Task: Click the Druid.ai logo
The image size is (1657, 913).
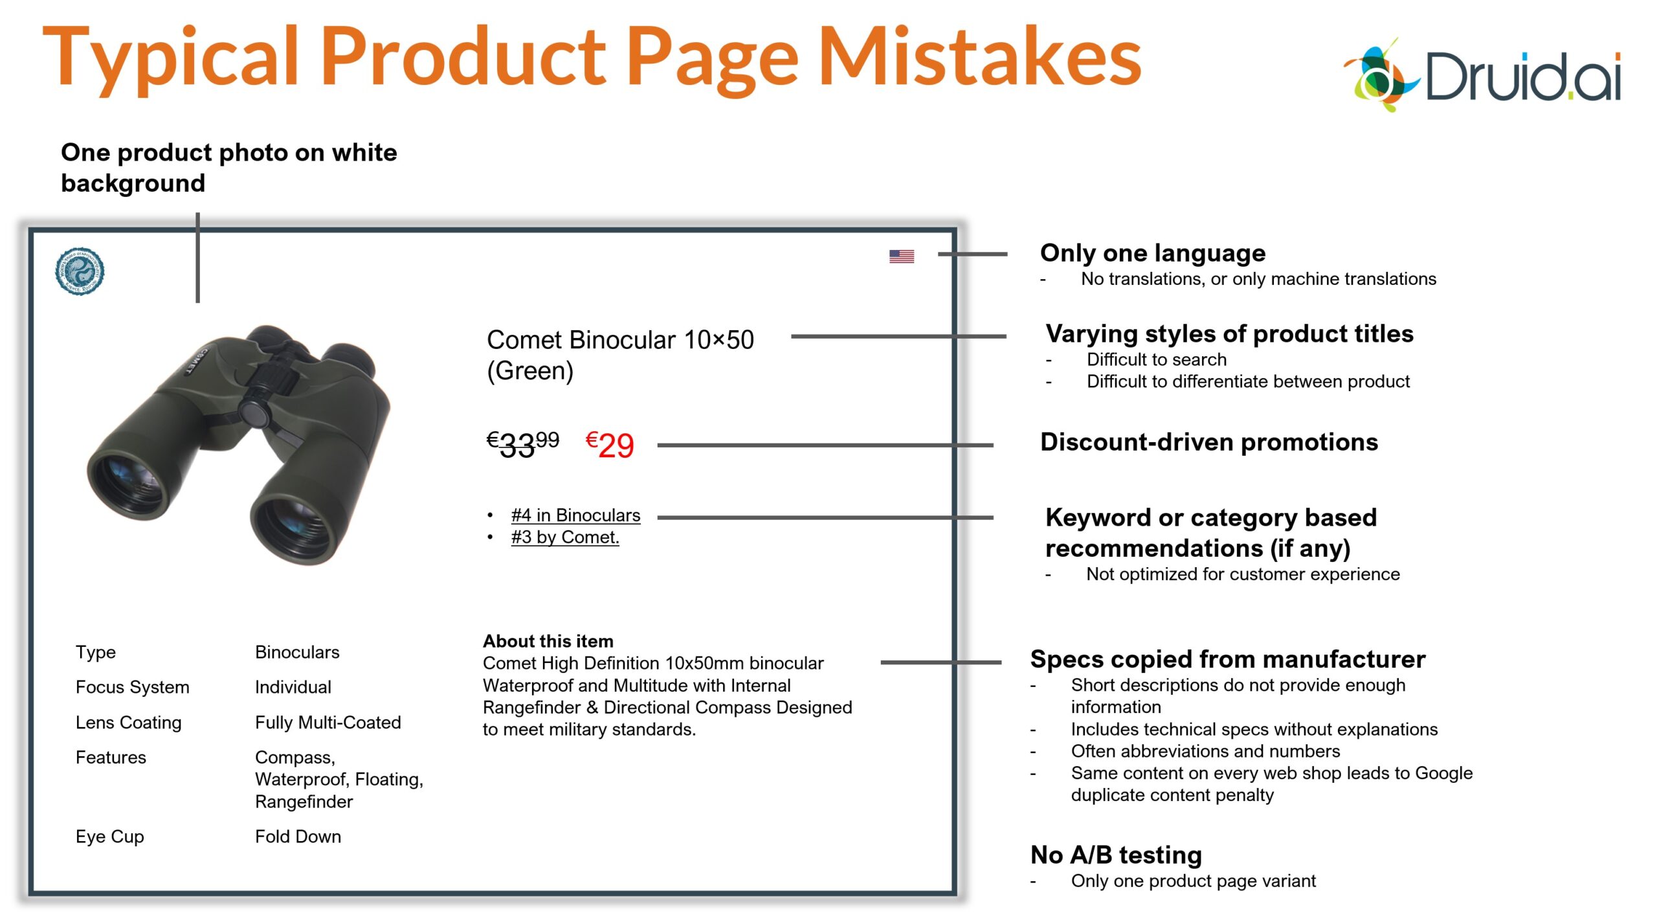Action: pyautogui.click(x=1482, y=74)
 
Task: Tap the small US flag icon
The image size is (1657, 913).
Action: pyautogui.click(x=901, y=256)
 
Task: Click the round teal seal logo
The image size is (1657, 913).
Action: pyautogui.click(x=80, y=271)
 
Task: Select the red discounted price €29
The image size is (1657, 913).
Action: pyautogui.click(x=609, y=445)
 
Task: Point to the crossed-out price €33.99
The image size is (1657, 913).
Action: pyautogui.click(x=522, y=444)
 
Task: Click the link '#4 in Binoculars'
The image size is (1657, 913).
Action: pyautogui.click(x=575, y=515)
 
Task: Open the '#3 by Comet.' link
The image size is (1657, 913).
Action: pyautogui.click(x=565, y=537)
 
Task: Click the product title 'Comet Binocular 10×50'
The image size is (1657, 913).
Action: pyautogui.click(x=620, y=339)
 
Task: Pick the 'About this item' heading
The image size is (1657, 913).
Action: pyautogui.click(x=548, y=641)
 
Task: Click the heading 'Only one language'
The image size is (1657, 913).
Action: pyautogui.click(x=1152, y=253)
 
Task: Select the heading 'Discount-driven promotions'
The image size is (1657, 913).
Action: pyautogui.click(x=1208, y=442)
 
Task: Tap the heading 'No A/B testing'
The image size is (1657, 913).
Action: pyautogui.click(x=1116, y=855)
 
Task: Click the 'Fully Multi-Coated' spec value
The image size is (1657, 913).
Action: pyautogui.click(x=328, y=722)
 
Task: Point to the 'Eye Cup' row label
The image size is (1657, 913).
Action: pyautogui.click(x=109, y=837)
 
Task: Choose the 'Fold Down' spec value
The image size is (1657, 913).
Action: pyautogui.click(x=298, y=837)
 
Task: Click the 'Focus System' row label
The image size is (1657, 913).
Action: pyautogui.click(x=132, y=687)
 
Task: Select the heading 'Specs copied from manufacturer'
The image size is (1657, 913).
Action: pyautogui.click(x=1227, y=659)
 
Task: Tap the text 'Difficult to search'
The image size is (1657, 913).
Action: pyautogui.click(x=1156, y=359)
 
